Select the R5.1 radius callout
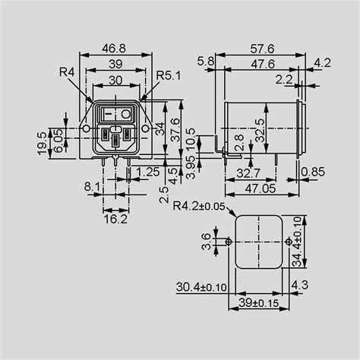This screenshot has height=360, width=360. (x=168, y=76)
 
